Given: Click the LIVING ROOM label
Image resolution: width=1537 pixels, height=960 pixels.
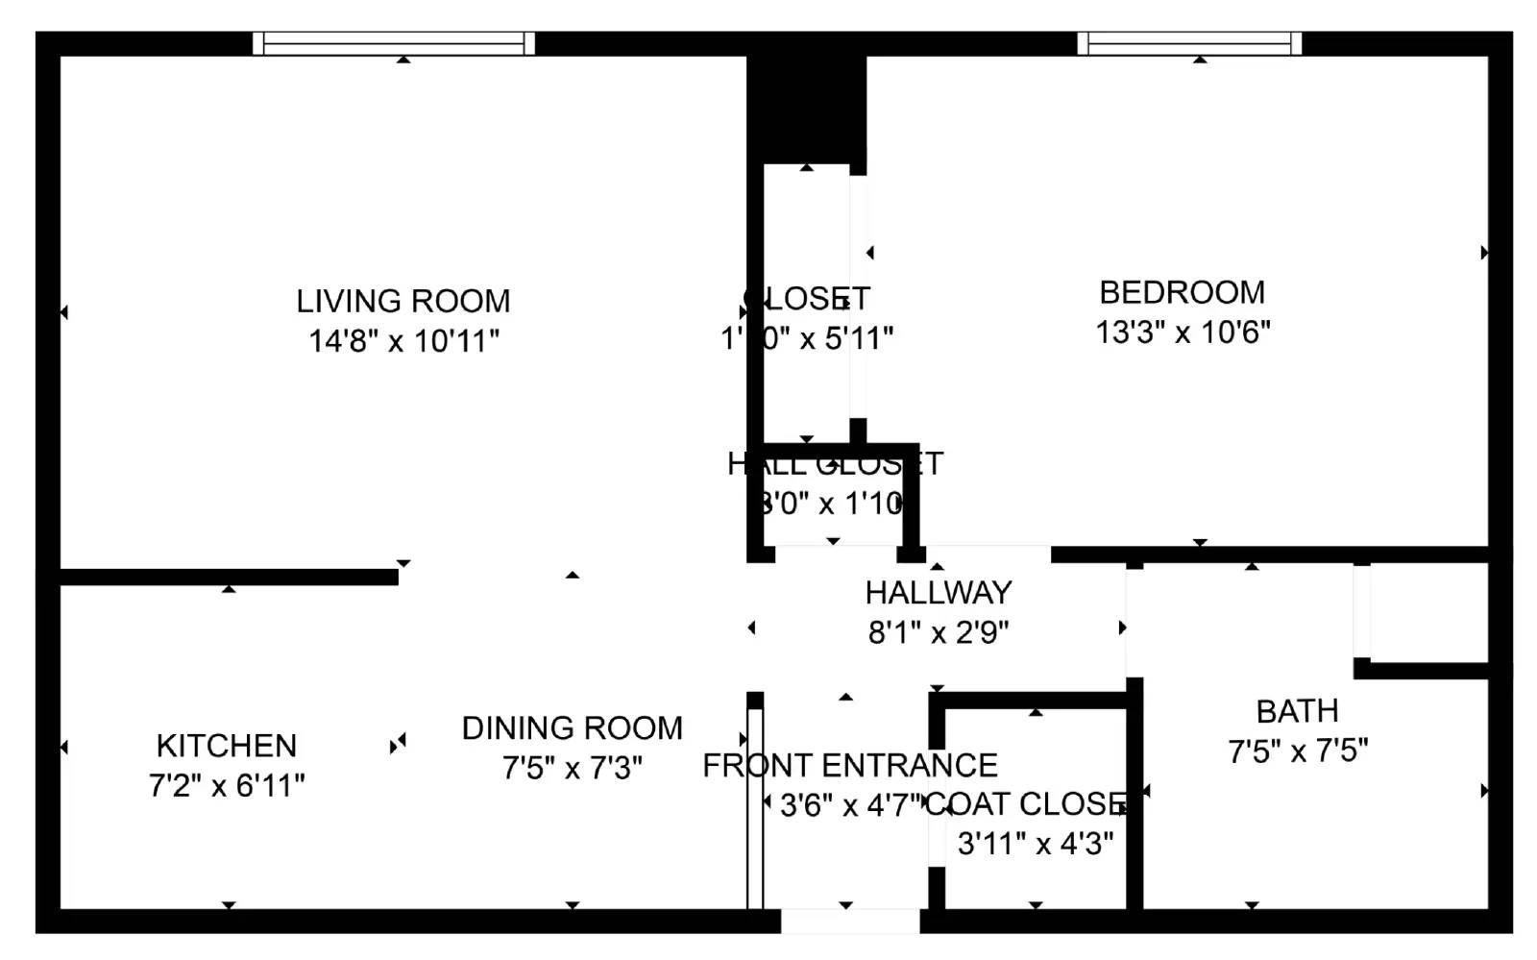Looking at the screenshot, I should [x=403, y=302].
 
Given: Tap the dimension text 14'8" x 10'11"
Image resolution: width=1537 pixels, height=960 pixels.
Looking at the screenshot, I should [x=403, y=341].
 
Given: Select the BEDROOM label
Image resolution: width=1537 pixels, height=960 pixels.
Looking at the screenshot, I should [x=1182, y=292].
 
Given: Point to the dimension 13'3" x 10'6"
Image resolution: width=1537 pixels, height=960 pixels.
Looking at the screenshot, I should [x=1183, y=332].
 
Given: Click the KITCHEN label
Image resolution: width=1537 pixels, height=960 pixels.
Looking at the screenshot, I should [x=227, y=746].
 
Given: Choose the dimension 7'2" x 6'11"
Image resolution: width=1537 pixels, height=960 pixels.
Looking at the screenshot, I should [x=227, y=786].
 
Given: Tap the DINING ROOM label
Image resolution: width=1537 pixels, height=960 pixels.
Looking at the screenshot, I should [x=572, y=728].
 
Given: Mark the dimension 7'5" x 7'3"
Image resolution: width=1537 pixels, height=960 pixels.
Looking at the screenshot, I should [x=572, y=769].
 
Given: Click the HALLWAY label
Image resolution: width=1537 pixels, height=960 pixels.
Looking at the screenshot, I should [x=939, y=593].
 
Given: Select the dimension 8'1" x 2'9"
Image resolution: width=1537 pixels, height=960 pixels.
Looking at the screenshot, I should [x=939, y=633].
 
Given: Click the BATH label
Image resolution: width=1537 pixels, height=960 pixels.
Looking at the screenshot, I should [x=1297, y=712].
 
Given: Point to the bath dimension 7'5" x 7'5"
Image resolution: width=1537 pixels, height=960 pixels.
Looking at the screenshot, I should [x=1298, y=751].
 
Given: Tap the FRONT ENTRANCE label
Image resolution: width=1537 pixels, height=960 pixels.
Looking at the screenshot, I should [x=849, y=766].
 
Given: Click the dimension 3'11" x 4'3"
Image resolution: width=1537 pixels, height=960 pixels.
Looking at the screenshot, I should [x=1036, y=844].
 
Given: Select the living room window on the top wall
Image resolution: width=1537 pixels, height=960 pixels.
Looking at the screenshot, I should [x=394, y=43].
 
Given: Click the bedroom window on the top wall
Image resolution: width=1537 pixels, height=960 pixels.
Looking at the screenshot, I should [x=1189, y=43].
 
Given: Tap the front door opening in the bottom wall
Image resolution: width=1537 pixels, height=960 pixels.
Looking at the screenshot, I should [x=849, y=921].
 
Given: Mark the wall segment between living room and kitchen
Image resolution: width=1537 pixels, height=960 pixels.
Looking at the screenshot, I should [x=229, y=577].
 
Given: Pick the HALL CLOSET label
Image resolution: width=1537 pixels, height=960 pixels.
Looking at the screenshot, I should [x=834, y=464].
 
